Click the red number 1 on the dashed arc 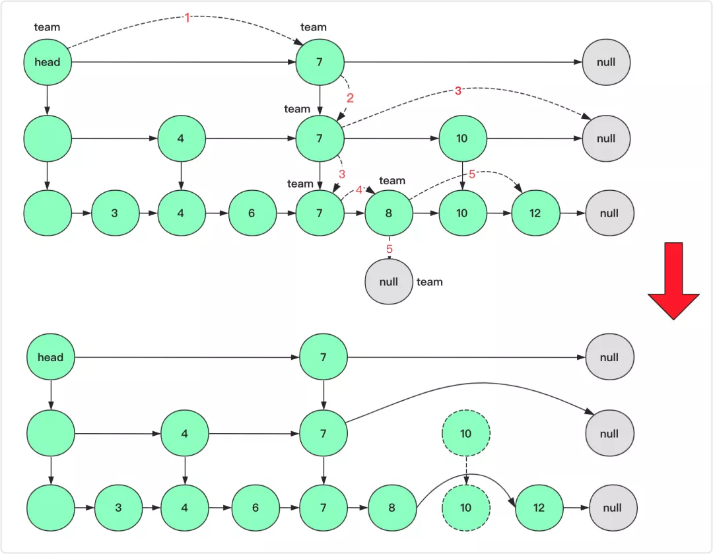coord(187,18)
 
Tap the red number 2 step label coord(351,98)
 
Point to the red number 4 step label coord(359,190)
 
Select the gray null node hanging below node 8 coord(389,281)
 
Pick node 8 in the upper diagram coord(389,213)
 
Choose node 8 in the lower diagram coord(392,508)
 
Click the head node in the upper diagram coord(48,63)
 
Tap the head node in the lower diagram coord(51,357)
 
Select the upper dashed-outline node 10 coord(466,434)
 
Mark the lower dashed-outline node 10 coord(466,508)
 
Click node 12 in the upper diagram coord(535,213)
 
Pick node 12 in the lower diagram coord(539,508)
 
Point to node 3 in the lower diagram coord(119,508)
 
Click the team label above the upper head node coord(47,27)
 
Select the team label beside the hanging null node coord(429,282)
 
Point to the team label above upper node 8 coord(392,181)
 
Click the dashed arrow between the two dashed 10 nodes coord(466,471)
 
